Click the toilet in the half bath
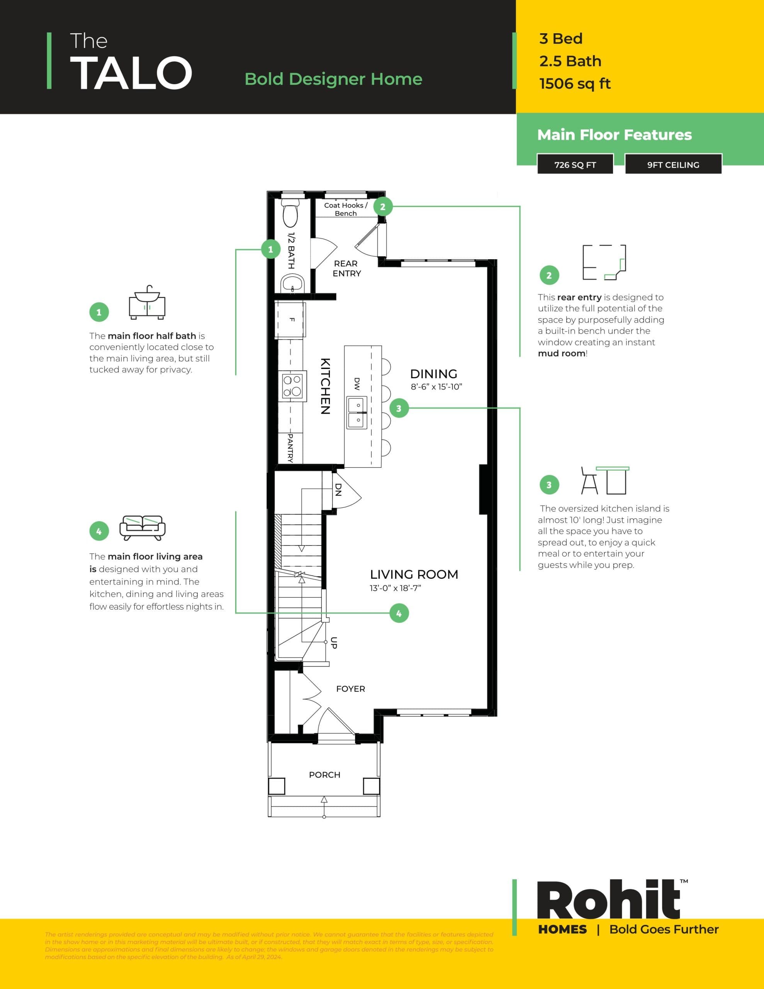290,213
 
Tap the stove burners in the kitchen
292,386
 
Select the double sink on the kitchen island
357,413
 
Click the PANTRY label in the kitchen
290,447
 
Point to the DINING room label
433,374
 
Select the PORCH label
324,775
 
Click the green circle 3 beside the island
399,408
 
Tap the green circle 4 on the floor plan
399,613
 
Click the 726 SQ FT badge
575,165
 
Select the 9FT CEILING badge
673,165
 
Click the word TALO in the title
131,73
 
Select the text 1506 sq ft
575,84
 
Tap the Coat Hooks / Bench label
346,209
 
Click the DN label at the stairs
338,489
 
